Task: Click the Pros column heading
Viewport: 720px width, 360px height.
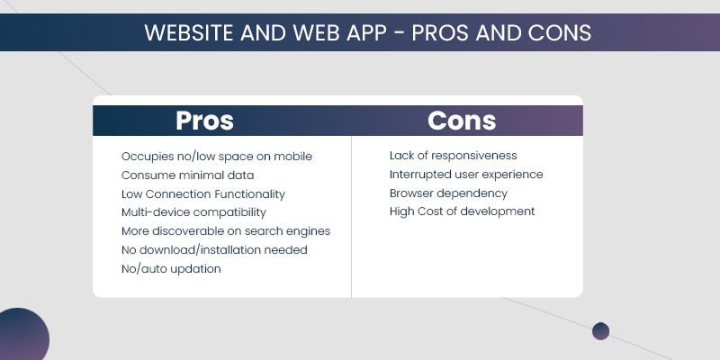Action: tap(204, 121)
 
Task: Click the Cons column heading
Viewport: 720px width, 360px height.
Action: tap(462, 121)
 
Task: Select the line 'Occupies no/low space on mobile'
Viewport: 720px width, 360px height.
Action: tap(217, 157)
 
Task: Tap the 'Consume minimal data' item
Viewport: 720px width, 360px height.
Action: tap(187, 175)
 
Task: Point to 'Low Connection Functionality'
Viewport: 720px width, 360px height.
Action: tap(202, 194)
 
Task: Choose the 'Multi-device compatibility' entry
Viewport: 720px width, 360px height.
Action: tap(193, 212)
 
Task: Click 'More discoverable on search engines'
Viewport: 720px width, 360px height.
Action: tap(226, 231)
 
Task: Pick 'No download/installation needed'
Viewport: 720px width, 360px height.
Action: tap(214, 250)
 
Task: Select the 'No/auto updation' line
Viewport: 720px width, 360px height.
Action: tap(171, 269)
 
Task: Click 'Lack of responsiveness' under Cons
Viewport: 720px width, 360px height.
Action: tap(453, 156)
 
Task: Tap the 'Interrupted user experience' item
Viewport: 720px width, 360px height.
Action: tap(466, 175)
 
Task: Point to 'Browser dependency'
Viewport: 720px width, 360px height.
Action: tap(448, 193)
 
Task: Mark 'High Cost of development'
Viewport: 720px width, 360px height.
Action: tap(462, 211)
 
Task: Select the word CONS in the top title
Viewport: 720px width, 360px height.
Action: tap(559, 33)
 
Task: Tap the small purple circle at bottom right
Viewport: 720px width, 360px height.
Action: tap(600, 331)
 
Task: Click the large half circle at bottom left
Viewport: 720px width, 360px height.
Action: tap(20, 337)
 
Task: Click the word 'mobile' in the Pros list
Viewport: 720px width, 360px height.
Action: tap(293, 157)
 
